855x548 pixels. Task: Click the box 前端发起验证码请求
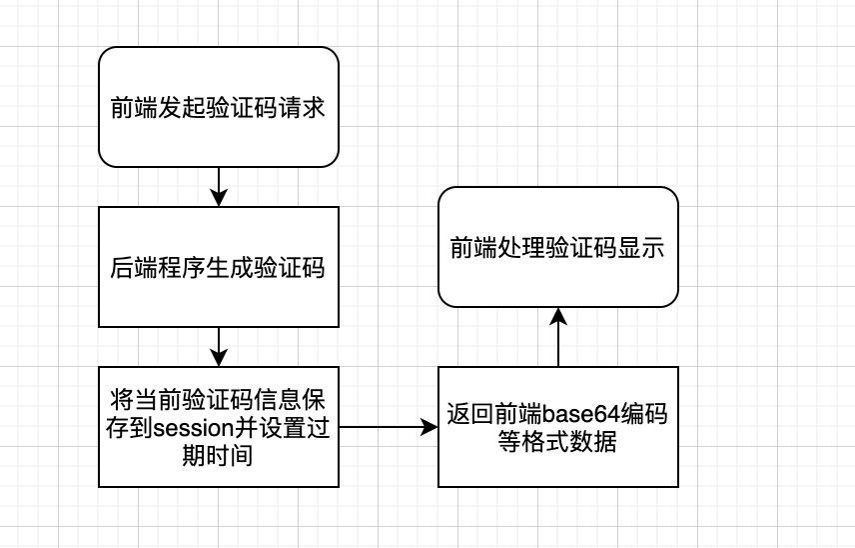[219, 107]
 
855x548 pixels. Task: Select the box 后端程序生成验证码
[219, 267]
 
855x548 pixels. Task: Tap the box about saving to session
[219, 427]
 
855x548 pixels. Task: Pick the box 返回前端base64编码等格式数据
[558, 427]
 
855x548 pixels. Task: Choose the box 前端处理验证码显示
[558, 247]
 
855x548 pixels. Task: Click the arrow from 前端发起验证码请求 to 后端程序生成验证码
[219, 187]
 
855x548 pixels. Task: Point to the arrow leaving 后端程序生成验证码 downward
[219, 347]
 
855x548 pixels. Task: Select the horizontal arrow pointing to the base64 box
[389, 427]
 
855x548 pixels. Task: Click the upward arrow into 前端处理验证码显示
[558, 337]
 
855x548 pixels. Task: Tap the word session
[193, 428]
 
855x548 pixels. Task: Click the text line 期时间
[218, 455]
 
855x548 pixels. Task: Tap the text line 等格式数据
[557, 442]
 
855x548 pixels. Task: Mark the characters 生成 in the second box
[230, 267]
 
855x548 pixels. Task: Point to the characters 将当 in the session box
[134, 400]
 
